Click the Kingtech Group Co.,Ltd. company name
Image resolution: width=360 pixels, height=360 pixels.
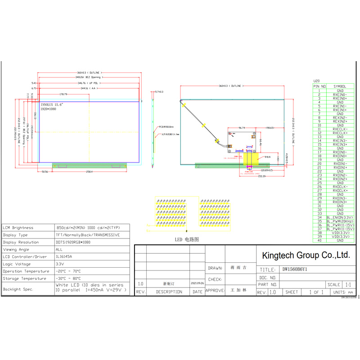(306, 255)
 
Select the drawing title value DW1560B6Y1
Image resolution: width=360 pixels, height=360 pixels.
(295, 270)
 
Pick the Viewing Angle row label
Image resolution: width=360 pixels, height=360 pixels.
(16, 249)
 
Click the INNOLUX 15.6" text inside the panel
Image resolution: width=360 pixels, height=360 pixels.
(52, 104)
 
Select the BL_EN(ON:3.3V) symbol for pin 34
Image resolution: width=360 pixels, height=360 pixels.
(340, 217)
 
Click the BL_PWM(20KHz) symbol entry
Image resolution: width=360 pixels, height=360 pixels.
(340, 221)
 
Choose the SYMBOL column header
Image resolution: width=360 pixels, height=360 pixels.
(340, 86)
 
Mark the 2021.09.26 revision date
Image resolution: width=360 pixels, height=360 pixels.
(197, 284)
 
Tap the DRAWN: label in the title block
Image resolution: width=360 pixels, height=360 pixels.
(215, 268)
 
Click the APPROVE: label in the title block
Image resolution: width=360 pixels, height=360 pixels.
(215, 291)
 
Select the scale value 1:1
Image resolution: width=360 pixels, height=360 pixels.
(348, 285)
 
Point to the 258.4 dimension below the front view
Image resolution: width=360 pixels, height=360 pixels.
(89, 172)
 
